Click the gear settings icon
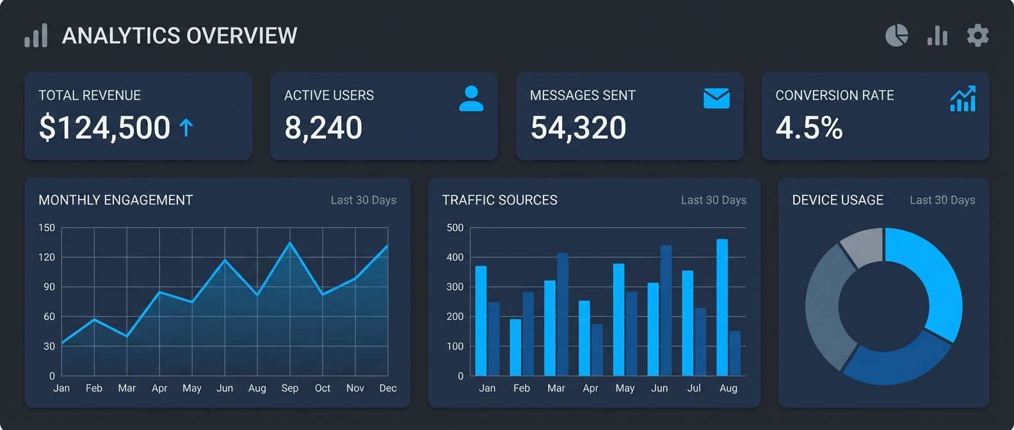pyautogui.click(x=978, y=35)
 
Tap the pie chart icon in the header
pyautogui.click(x=896, y=35)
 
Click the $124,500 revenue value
pyautogui.click(x=104, y=127)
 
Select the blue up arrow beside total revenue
pyautogui.click(x=186, y=128)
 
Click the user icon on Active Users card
pyautogui.click(x=471, y=99)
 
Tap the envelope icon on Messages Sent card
pyautogui.click(x=716, y=99)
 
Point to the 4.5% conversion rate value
pyautogui.click(x=809, y=127)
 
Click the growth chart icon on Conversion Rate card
pyautogui.click(x=963, y=99)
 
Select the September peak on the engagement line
pyautogui.click(x=290, y=243)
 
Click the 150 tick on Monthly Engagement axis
pyautogui.click(x=47, y=228)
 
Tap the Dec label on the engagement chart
pyautogui.click(x=387, y=388)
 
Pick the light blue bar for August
pyautogui.click(x=722, y=307)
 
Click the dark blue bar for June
pyautogui.click(x=666, y=310)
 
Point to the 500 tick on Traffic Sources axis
pyautogui.click(x=455, y=228)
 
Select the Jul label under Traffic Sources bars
pyautogui.click(x=694, y=388)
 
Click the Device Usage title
pyautogui.click(x=837, y=200)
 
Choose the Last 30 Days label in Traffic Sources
pyautogui.click(x=713, y=200)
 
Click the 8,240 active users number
pyautogui.click(x=323, y=127)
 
